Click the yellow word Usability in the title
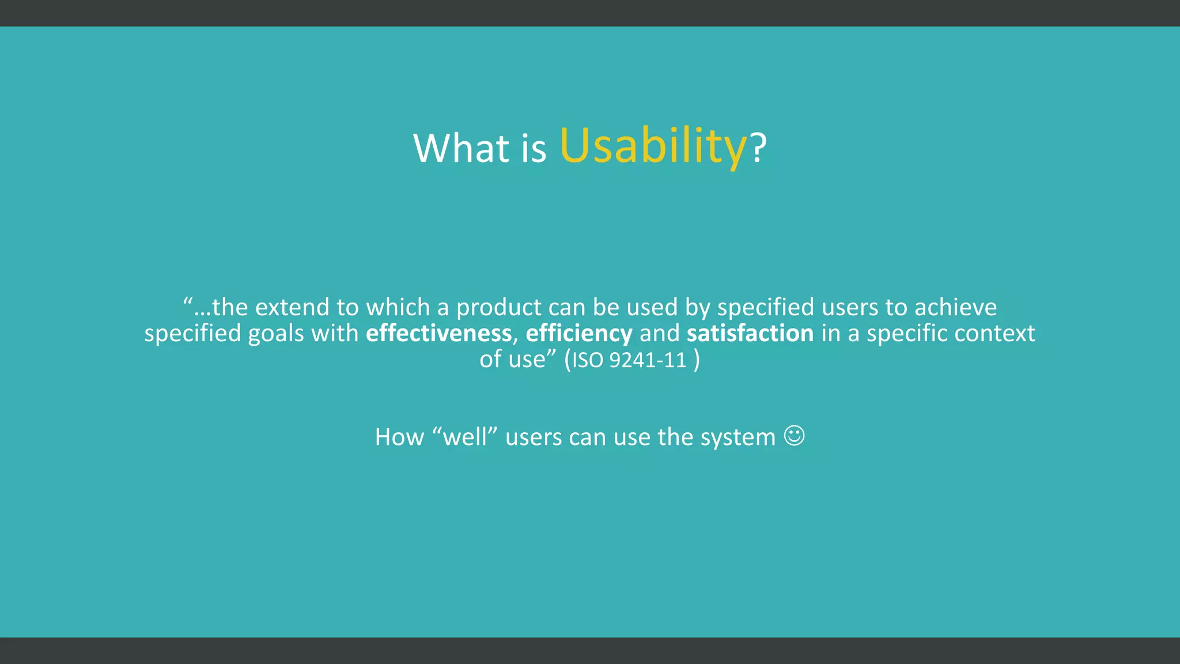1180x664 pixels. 653,146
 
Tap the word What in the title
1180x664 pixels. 462,148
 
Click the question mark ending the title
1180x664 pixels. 759,148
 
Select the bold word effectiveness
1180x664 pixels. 438,334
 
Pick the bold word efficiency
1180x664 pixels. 578,334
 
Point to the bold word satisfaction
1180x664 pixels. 750,334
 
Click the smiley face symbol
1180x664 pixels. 794,436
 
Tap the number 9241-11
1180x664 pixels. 648,360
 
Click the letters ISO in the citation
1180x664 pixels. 587,360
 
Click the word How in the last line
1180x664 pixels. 399,437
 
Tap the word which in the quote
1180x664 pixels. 398,307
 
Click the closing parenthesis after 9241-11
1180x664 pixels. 697,360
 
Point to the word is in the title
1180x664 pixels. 534,148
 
